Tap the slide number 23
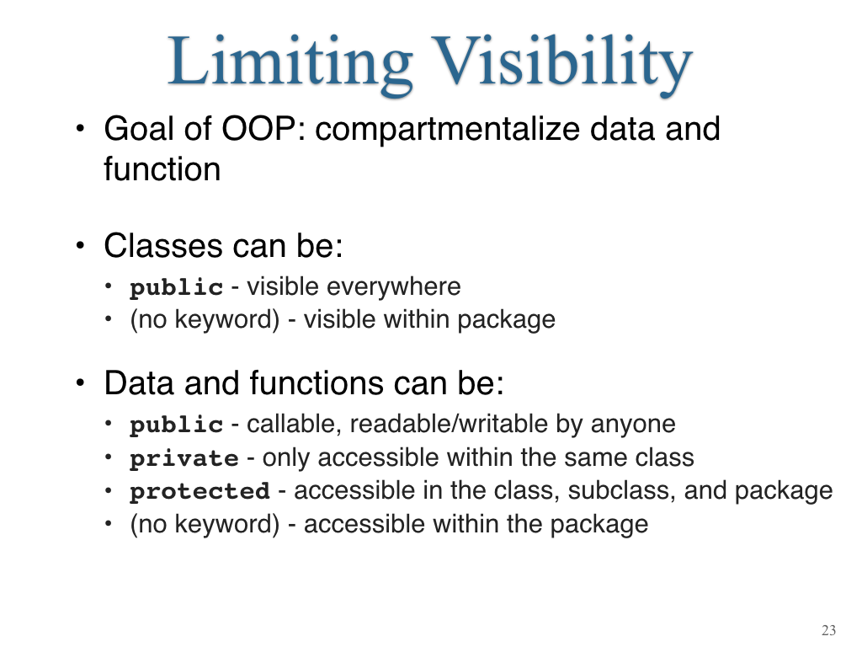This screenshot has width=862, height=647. coord(828,630)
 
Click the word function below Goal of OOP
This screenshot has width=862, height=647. coord(162,168)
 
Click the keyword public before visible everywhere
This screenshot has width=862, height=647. coord(177,288)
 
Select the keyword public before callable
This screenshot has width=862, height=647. coord(177,425)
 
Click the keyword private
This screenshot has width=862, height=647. coord(184,459)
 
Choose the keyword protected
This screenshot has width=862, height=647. coord(200,491)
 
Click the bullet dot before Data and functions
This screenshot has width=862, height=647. coord(81,382)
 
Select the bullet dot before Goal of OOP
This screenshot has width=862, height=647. coord(81,129)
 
